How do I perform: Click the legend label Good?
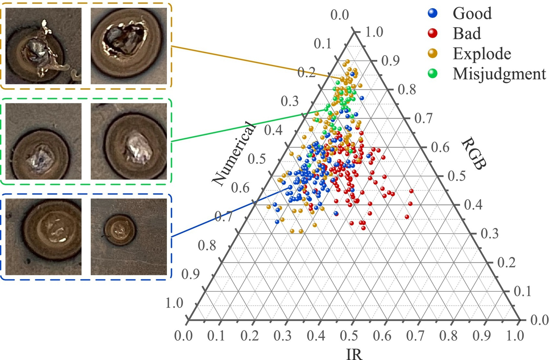(x=472, y=13)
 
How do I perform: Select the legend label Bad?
(x=466, y=33)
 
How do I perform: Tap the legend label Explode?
(x=482, y=54)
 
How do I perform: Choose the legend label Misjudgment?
(x=499, y=74)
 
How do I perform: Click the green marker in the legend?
(x=432, y=74)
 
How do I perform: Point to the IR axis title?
(x=354, y=354)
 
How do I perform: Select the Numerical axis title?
(x=233, y=154)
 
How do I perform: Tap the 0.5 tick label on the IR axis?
(x=349, y=336)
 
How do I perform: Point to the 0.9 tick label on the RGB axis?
(x=391, y=61)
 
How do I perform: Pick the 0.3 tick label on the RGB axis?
(x=490, y=234)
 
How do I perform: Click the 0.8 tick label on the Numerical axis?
(x=207, y=246)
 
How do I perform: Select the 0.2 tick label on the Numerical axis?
(x=306, y=73)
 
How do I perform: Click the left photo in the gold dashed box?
(x=43, y=46)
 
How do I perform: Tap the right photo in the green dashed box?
(x=129, y=141)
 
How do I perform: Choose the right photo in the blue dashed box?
(x=129, y=237)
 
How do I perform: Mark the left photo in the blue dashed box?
(x=43, y=237)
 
